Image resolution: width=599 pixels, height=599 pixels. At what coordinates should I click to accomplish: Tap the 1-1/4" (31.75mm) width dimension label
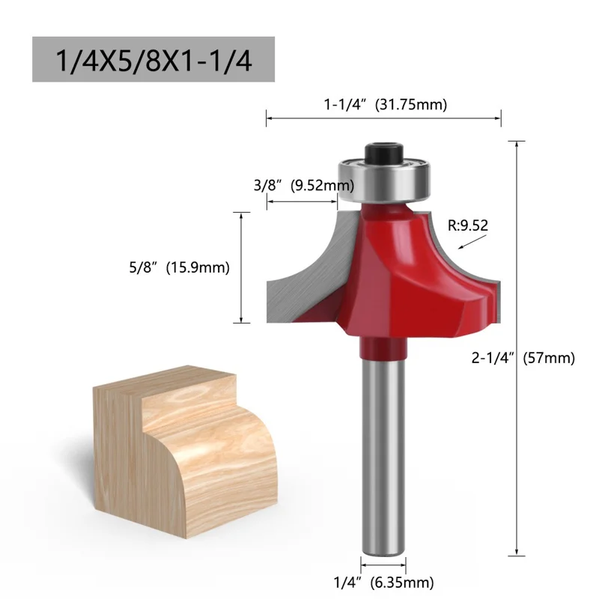(x=385, y=105)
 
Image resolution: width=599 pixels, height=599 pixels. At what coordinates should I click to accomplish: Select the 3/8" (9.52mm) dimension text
(x=302, y=185)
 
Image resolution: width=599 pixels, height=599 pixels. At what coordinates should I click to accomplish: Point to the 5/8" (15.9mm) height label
(x=177, y=267)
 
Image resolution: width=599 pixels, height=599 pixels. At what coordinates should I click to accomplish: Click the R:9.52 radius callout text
(x=468, y=223)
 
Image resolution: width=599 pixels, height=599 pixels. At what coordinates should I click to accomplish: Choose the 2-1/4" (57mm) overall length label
(x=523, y=358)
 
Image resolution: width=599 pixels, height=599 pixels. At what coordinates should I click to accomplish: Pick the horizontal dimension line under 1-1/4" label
(x=383, y=117)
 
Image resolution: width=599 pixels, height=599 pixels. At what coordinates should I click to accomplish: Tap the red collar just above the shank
(x=384, y=347)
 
